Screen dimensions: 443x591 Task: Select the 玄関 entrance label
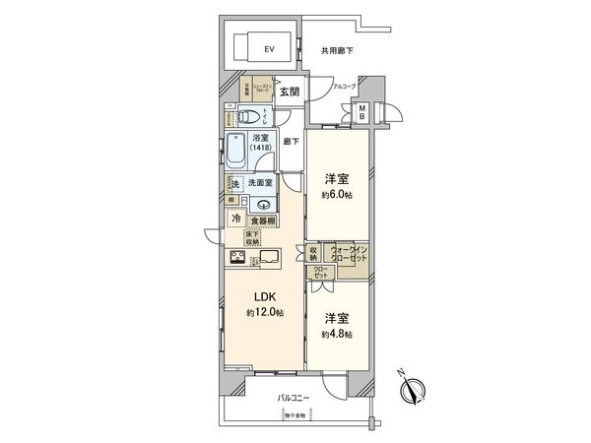(x=289, y=92)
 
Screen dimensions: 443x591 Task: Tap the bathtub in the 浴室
(x=238, y=152)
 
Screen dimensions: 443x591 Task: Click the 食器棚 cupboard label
(x=261, y=221)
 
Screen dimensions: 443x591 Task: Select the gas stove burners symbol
(x=239, y=259)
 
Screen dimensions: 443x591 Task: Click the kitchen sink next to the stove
(x=271, y=259)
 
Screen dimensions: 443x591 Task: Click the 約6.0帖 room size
(x=336, y=194)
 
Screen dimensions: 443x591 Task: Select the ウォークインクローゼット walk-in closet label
(x=350, y=256)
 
